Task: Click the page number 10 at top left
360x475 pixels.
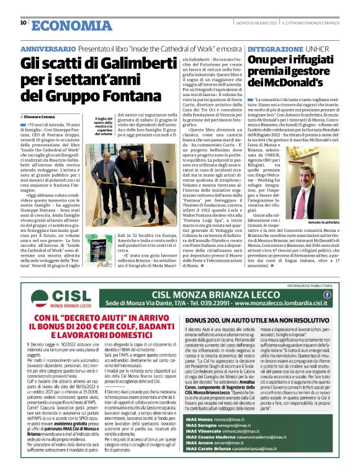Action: [x=23, y=23]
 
